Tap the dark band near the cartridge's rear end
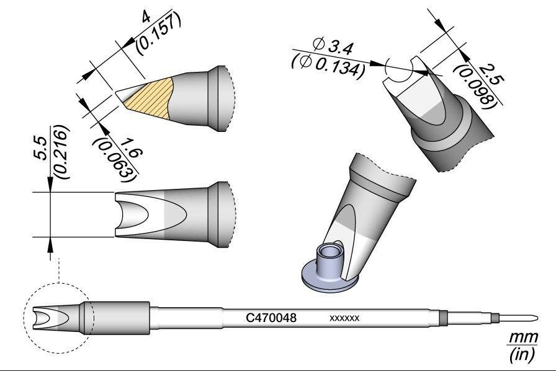pos(442,317)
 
